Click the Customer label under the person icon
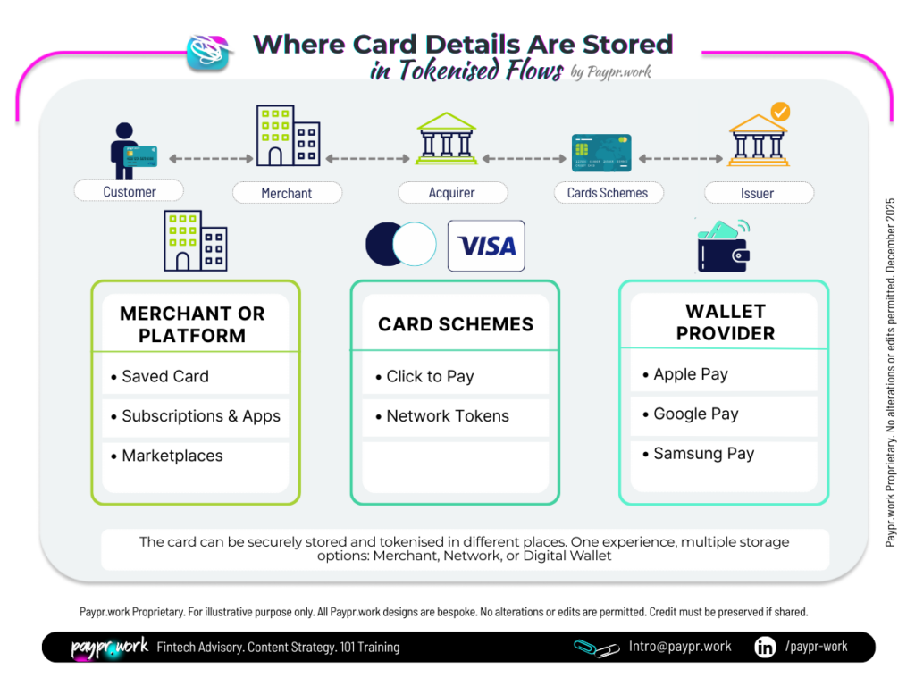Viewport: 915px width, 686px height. tap(129, 191)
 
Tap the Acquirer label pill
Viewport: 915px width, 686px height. tap(452, 192)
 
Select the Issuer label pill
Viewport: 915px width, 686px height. tap(758, 193)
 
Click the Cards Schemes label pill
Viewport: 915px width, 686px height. tap(608, 192)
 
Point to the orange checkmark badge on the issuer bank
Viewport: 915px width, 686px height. tap(780, 113)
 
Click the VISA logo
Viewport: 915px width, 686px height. tap(486, 246)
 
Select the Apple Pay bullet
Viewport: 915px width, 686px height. tap(690, 374)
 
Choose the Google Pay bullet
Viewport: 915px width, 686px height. tap(695, 414)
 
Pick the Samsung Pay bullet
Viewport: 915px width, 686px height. tap(703, 453)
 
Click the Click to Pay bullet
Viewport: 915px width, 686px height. tap(430, 376)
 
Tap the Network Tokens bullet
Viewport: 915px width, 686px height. tap(447, 415)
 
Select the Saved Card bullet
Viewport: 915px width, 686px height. tap(164, 376)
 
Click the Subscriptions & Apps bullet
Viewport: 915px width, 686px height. tap(200, 415)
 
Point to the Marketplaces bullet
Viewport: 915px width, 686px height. tap(172, 456)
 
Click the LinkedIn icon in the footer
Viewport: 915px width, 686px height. tap(765, 647)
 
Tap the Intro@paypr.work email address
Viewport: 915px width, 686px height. tap(681, 647)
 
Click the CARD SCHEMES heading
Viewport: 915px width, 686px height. tap(455, 324)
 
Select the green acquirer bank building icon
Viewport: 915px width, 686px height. tap(447, 138)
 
